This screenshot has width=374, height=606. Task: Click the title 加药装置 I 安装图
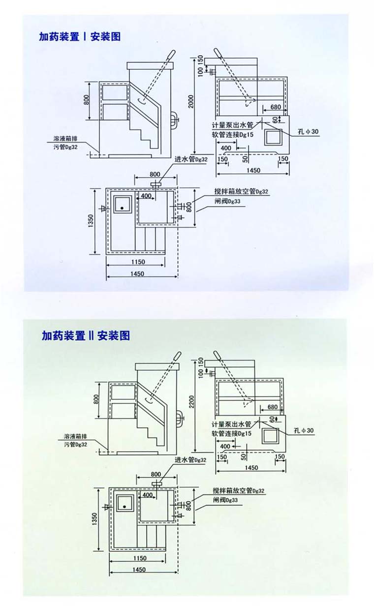[x=80, y=36]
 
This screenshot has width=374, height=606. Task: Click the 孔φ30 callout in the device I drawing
[x=309, y=131]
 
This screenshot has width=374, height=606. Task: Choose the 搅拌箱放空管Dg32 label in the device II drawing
[x=239, y=491]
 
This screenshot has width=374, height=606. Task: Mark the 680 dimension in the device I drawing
[x=276, y=107]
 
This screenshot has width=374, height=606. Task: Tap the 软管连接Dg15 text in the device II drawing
[x=232, y=433]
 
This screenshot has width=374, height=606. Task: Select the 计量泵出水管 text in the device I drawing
[x=232, y=125]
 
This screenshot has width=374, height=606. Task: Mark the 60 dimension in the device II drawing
[x=270, y=419]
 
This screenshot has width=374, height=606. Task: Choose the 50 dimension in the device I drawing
[x=244, y=158]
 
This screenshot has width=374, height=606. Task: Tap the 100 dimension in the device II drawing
[x=201, y=374]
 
